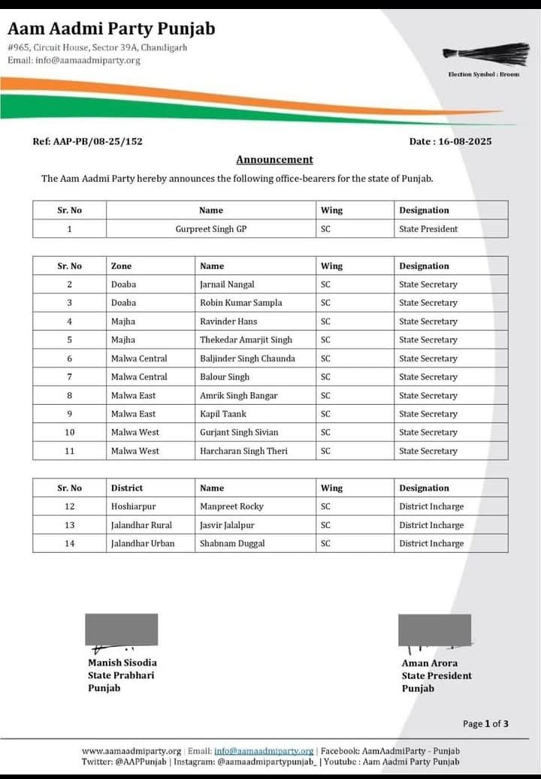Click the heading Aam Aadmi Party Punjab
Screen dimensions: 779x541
point(111,29)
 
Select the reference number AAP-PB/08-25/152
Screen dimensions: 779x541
point(87,140)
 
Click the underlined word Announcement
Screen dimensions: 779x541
point(274,159)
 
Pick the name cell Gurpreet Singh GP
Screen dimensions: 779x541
point(210,229)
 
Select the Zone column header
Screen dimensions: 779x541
point(122,266)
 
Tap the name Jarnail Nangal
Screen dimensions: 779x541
point(227,285)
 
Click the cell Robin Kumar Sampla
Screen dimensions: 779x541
point(240,303)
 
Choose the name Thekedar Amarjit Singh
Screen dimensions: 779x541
point(246,340)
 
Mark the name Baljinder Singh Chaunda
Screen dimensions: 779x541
point(247,358)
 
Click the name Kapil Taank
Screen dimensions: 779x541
point(222,414)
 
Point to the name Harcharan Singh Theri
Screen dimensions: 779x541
point(243,451)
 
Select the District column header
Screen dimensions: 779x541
point(127,488)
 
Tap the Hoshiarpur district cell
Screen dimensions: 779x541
point(133,506)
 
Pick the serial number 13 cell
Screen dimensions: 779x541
point(70,525)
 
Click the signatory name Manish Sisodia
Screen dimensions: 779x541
point(122,663)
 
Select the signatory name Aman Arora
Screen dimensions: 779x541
point(429,663)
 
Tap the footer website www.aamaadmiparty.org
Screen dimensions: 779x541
point(131,750)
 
